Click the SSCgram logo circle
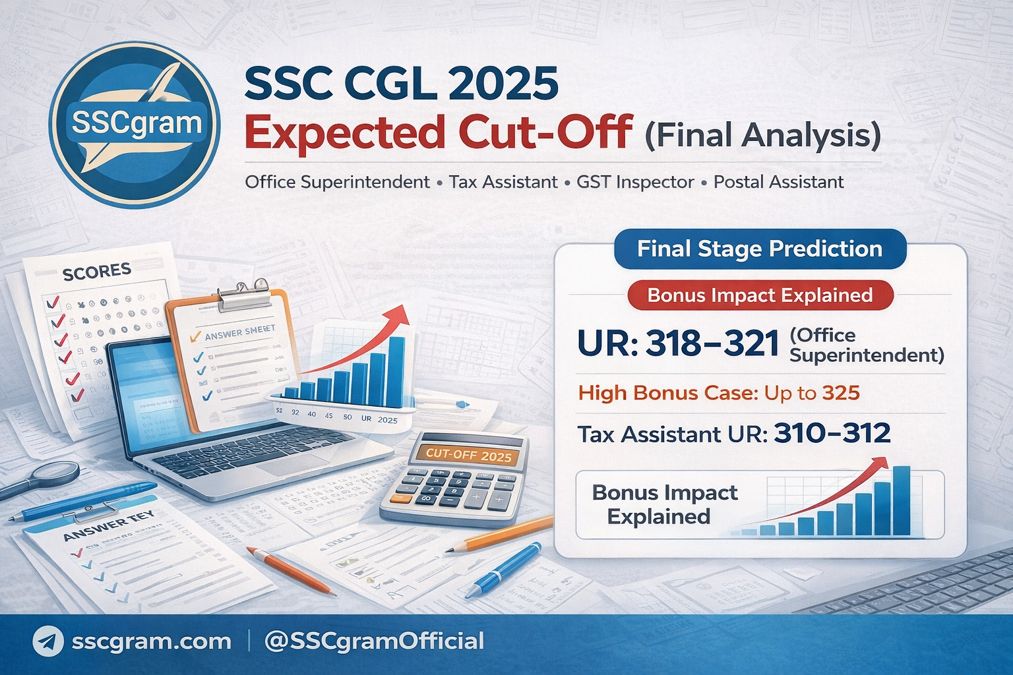click(x=135, y=125)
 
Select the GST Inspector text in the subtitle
click(x=635, y=182)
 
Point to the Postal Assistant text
click(x=778, y=182)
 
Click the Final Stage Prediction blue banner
click(x=760, y=249)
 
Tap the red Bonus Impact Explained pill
click(x=760, y=295)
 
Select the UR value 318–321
click(x=712, y=343)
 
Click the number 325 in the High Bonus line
click(x=841, y=394)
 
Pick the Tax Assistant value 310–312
click(x=832, y=434)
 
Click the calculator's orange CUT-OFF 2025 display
click(x=468, y=455)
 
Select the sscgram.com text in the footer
click(x=151, y=641)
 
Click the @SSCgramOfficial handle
click(x=374, y=641)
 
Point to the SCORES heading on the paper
click(x=97, y=271)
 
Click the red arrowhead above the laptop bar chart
click(x=398, y=315)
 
